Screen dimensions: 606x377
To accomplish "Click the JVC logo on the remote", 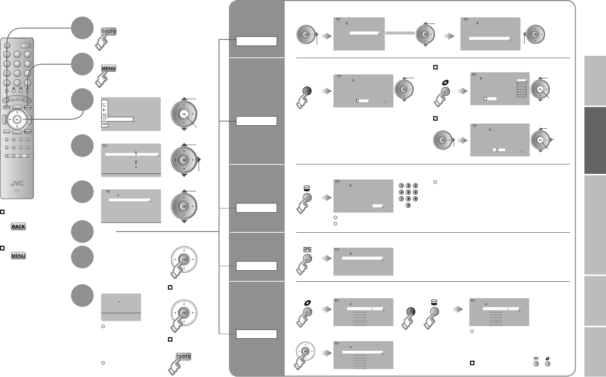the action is tap(17, 184).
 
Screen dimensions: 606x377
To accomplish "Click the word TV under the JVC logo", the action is tap(17, 191).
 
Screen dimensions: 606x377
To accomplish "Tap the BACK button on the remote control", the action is tap(27, 131).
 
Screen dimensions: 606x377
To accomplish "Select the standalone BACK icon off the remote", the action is tap(18, 227).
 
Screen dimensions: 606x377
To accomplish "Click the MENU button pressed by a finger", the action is tap(108, 68).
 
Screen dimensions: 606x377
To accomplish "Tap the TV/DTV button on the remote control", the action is tap(6, 107).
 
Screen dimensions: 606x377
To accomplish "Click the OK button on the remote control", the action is tap(17, 119).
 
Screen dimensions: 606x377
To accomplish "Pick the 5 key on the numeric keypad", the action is tap(408, 192).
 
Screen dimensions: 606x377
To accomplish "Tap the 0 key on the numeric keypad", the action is tap(408, 205).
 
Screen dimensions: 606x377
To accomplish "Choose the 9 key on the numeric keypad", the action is tap(415, 199).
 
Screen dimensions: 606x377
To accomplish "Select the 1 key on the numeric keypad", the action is tap(401, 186).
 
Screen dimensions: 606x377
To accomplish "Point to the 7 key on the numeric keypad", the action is tap(401, 199).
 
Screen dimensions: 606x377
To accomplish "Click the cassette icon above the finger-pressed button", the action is tap(307, 249).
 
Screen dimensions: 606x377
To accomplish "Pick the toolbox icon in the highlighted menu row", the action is tap(105, 119).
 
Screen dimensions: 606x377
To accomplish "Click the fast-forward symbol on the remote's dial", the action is tap(24, 119).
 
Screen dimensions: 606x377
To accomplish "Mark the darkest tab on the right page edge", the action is tap(595, 140).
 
